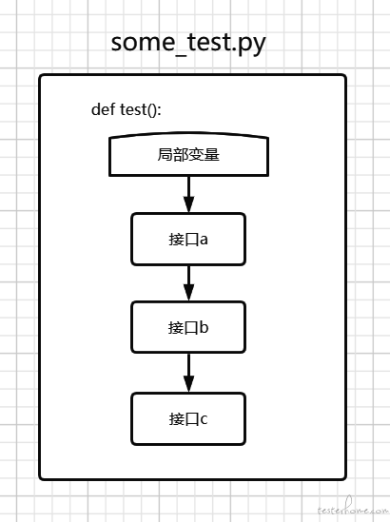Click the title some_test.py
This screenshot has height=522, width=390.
188,44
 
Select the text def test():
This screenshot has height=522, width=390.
127,109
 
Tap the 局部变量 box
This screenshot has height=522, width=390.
189,154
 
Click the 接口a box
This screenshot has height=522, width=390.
188,240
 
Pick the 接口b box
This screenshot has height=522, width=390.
188,327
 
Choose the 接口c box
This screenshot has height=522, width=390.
188,418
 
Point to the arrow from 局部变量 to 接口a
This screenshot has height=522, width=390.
189,194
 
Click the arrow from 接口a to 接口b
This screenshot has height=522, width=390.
189,283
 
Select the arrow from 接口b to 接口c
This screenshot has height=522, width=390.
189,373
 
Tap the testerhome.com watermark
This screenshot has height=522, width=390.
353,509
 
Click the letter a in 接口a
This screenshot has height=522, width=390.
204,240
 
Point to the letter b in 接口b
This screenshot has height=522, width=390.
204,327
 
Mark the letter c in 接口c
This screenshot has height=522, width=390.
204,419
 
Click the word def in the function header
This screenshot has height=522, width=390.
103,109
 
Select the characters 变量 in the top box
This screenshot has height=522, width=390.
204,154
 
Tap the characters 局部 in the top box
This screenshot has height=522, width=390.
173,154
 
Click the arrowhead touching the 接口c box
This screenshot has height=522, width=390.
189,384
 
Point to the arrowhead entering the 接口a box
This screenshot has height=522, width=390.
189,204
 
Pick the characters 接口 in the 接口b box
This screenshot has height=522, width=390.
184,328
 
